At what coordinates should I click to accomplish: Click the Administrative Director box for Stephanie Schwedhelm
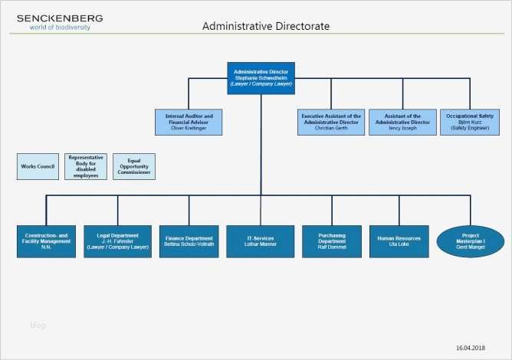261,78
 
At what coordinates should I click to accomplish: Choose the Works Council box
38,166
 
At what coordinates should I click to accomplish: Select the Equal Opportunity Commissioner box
134,166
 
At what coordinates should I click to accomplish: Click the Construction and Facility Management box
47,241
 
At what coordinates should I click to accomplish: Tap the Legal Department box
117,241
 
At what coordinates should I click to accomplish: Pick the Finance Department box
189,241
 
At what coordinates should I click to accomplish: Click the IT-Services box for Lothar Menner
261,241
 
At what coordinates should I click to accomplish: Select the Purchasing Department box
331,241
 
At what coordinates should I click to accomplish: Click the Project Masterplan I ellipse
470,241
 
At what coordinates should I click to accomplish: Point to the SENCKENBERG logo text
59,18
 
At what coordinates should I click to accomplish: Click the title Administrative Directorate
265,26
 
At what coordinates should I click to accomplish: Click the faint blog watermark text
38,326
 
